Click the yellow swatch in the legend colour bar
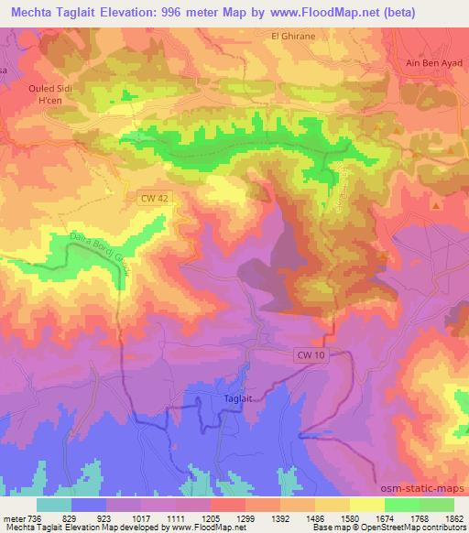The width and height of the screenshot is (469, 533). (x=365, y=504)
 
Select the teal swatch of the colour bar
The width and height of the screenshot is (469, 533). (x=54, y=504)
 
